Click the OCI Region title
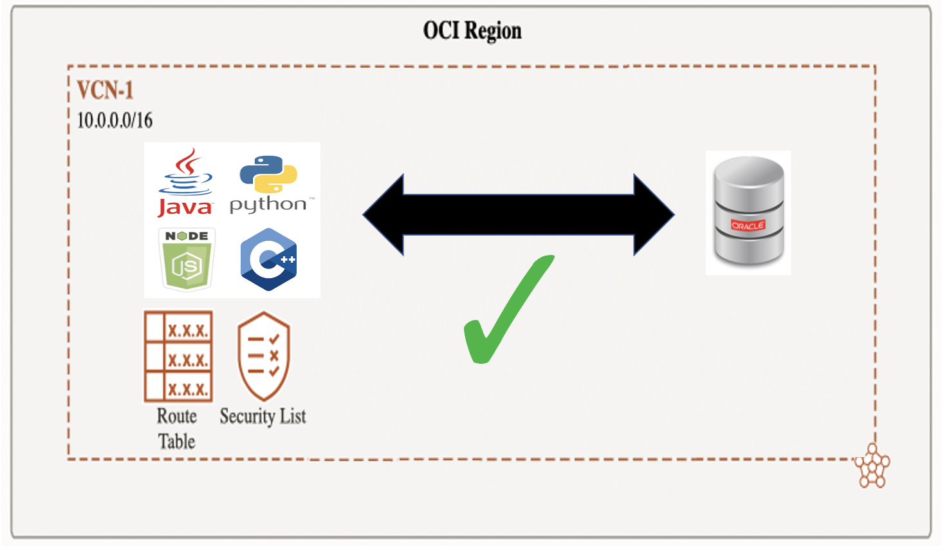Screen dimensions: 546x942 472,30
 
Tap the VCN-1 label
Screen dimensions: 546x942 105,90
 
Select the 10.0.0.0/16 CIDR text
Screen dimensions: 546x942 115,120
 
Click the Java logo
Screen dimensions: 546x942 185,183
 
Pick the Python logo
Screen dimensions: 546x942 268,184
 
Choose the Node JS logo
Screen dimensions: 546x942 187,259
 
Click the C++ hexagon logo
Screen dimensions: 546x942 268,259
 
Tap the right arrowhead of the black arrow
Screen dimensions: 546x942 652,214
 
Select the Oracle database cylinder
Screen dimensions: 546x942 748,212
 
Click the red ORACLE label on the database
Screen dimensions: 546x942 748,225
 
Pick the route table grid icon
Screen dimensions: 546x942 178,357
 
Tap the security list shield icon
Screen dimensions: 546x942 263,356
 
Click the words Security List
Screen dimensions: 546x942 263,417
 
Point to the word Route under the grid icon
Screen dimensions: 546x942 177,416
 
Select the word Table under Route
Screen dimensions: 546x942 177,442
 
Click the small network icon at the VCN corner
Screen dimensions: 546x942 872,466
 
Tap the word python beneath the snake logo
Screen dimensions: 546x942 268,205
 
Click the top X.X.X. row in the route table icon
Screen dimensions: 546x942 187,330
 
